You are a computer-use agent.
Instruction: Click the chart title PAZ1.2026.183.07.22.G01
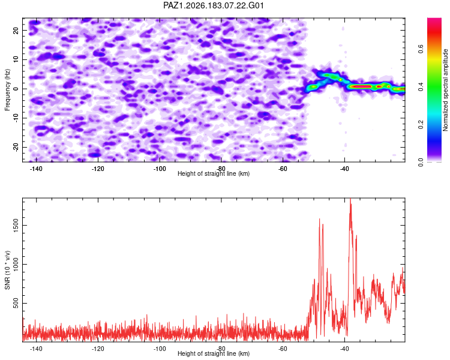click(213, 5)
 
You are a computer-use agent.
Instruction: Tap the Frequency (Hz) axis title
click(7, 90)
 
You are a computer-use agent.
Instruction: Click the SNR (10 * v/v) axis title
click(7, 270)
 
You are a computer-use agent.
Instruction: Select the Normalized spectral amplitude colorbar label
click(445, 90)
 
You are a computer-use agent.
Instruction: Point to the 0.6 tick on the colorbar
click(421, 49)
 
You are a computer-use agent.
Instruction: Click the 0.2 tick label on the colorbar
click(421, 124)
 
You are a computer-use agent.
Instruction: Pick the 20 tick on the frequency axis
click(16, 31)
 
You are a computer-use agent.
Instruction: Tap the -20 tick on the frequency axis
click(16, 147)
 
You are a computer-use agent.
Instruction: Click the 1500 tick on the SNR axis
click(16, 226)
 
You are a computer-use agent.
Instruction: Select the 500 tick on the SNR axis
click(16, 303)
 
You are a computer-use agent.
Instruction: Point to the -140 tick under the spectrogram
click(36, 169)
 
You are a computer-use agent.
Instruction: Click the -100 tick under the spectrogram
click(160, 169)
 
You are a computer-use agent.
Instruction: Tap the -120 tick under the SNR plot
click(98, 349)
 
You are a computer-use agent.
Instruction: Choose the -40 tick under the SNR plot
click(344, 349)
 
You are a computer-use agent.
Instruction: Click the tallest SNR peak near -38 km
click(350, 199)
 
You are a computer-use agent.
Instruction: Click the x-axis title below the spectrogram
click(214, 173)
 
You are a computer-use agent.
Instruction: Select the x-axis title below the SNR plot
click(214, 353)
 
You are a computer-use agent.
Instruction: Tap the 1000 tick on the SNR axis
click(16, 264)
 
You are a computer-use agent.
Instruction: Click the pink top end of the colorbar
click(434, 20)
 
